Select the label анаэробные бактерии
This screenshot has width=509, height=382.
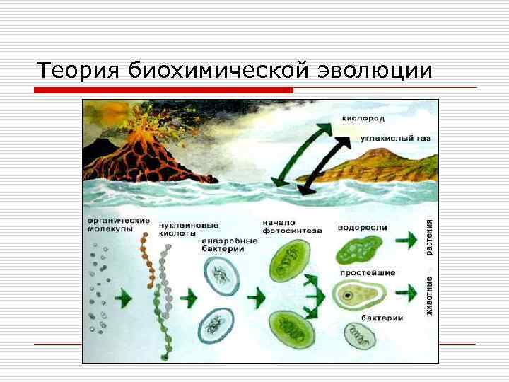pyautogui.click(x=228, y=244)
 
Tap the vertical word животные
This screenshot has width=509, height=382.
pyautogui.click(x=429, y=295)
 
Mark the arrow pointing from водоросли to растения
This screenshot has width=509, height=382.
pyautogui.click(x=406, y=239)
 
